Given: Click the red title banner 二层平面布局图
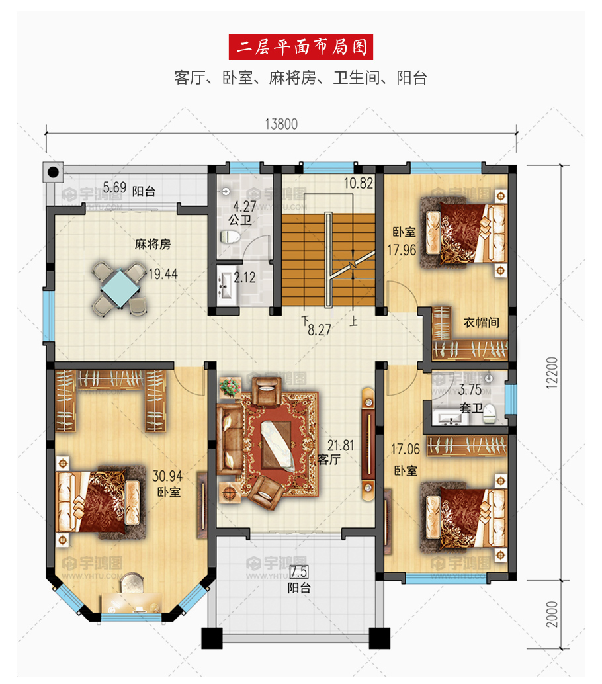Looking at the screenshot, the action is point(300,47).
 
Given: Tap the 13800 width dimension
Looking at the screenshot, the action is point(281,124).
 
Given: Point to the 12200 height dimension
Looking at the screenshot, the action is point(552,372).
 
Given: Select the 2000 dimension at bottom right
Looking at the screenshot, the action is point(552,614).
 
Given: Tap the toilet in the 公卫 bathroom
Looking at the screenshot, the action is point(230,237).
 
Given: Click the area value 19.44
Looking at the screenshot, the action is point(163,274).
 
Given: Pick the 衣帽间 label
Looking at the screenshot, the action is point(481,322).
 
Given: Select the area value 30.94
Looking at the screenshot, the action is point(167,476).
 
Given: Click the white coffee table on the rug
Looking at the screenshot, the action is point(278,446).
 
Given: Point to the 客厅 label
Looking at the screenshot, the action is point(329,459).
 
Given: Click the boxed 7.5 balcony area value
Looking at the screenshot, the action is point(299,572).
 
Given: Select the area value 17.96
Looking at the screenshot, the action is point(402,250).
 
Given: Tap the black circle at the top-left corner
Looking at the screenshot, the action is point(53,172).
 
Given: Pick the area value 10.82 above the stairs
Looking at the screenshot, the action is point(359,183).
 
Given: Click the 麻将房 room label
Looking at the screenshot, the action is point(153,244).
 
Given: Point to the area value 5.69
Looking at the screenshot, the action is point(114,188).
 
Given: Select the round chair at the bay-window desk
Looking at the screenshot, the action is point(132,583).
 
